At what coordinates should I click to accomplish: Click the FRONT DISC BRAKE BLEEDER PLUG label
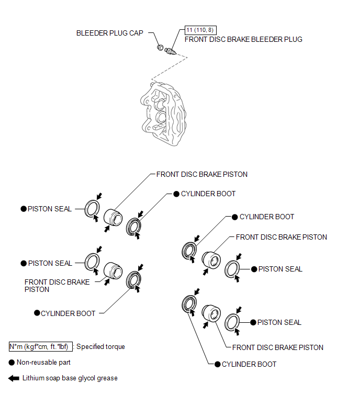click(243, 39)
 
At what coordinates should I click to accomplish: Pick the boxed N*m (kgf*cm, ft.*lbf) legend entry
click(41, 346)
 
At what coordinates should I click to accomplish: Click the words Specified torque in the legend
click(101, 346)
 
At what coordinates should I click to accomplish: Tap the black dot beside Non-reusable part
click(12, 362)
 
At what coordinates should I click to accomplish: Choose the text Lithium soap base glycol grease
click(70, 378)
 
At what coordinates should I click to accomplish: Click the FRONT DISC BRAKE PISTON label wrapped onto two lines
click(57, 286)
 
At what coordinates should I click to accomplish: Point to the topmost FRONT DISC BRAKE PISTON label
click(202, 174)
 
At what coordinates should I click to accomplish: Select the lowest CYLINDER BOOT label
click(249, 364)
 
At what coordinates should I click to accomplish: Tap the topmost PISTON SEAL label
click(50, 209)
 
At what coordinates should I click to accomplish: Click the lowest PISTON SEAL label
click(279, 322)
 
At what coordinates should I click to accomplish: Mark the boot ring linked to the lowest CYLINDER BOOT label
click(189, 305)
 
